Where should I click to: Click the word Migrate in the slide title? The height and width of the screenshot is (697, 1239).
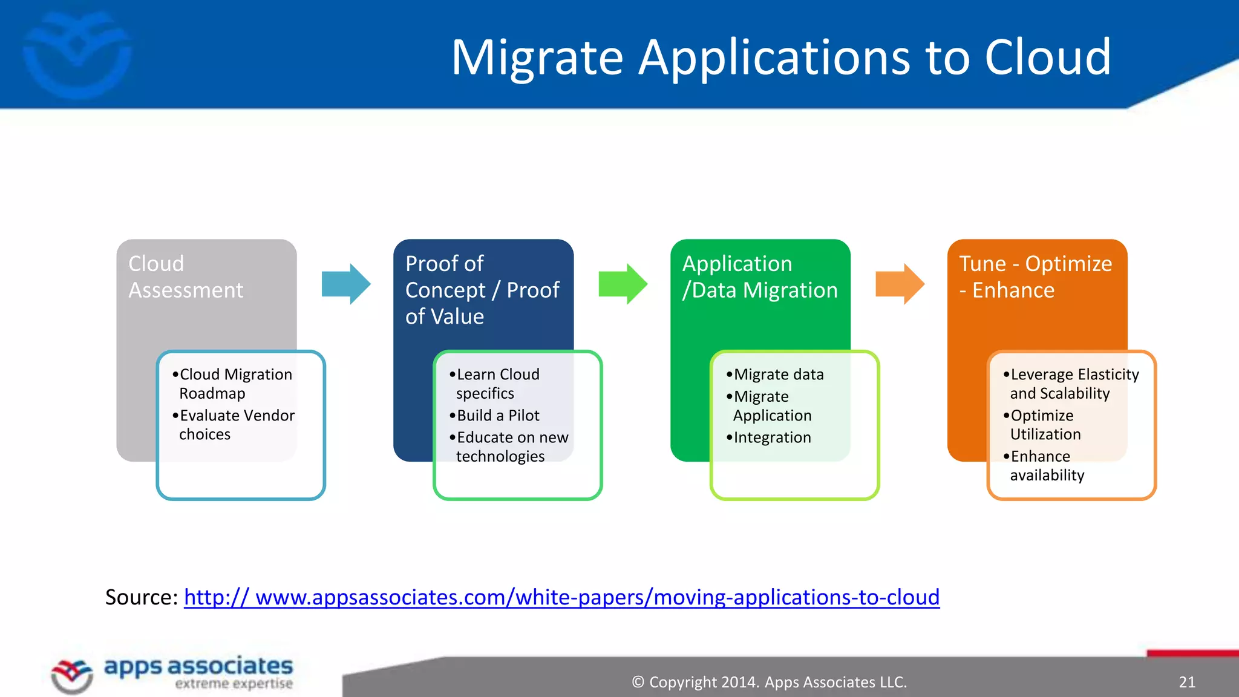click(x=537, y=58)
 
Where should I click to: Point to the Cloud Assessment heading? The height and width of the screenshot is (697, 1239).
click(x=186, y=277)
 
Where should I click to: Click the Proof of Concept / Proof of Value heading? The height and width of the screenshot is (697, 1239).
click(x=482, y=290)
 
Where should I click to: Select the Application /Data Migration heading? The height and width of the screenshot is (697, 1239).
click(x=760, y=277)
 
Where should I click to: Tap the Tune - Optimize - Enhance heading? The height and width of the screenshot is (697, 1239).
click(x=1035, y=277)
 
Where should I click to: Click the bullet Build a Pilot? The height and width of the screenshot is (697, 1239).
click(x=497, y=416)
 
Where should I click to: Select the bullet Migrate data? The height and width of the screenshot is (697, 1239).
click(x=778, y=375)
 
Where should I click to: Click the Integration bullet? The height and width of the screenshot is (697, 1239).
click(x=771, y=437)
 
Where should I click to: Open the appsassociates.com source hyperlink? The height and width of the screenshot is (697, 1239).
click(x=561, y=597)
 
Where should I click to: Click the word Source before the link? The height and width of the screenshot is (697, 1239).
click(x=140, y=597)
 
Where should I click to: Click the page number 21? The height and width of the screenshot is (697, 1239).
click(x=1187, y=682)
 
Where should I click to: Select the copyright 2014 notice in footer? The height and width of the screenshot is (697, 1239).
click(x=769, y=682)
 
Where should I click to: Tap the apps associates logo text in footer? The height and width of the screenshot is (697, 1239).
click(x=198, y=667)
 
